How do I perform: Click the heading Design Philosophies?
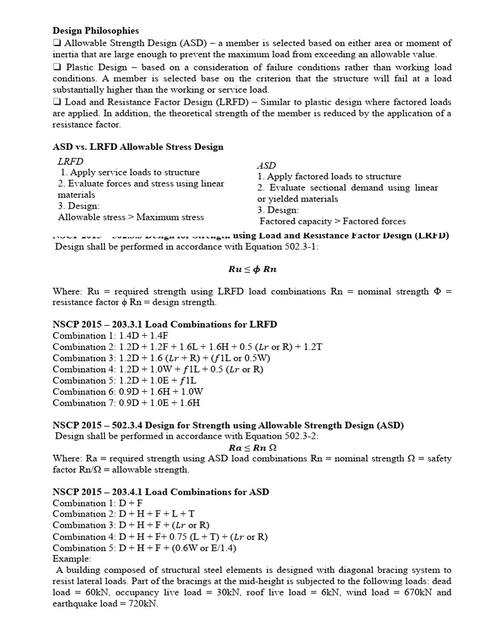click(x=95, y=30)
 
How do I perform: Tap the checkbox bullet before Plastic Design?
click(x=57, y=67)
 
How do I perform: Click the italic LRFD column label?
click(x=70, y=161)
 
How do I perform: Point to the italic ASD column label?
click(x=266, y=165)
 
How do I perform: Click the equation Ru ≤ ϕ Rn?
click(x=252, y=270)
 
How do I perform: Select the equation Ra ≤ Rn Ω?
click(x=252, y=447)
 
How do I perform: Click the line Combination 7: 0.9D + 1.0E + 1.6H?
click(x=128, y=403)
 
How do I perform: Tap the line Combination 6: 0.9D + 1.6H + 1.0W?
click(x=128, y=392)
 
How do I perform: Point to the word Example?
click(x=72, y=559)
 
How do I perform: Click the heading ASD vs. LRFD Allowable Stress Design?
click(x=138, y=147)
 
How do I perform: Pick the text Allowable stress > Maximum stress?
click(x=130, y=217)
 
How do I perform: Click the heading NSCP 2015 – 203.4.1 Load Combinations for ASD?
click(x=161, y=492)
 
